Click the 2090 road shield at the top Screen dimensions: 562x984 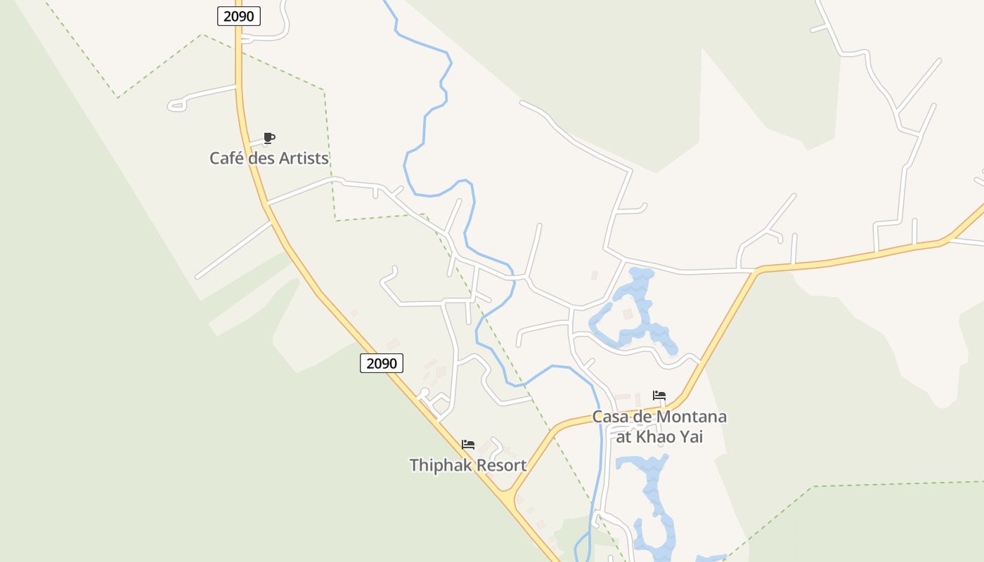(239, 15)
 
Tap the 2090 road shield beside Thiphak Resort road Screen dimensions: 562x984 (382, 363)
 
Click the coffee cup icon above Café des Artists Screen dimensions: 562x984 (268, 138)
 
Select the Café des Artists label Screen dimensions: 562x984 (269, 158)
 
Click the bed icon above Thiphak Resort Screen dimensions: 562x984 (468, 445)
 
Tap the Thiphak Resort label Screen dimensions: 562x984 (468, 465)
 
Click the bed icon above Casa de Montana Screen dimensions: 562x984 (659, 396)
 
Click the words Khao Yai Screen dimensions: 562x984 (670, 437)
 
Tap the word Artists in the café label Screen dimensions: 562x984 (304, 158)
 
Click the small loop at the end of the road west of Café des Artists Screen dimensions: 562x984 (176, 106)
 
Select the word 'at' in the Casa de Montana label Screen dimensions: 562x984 (623, 437)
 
